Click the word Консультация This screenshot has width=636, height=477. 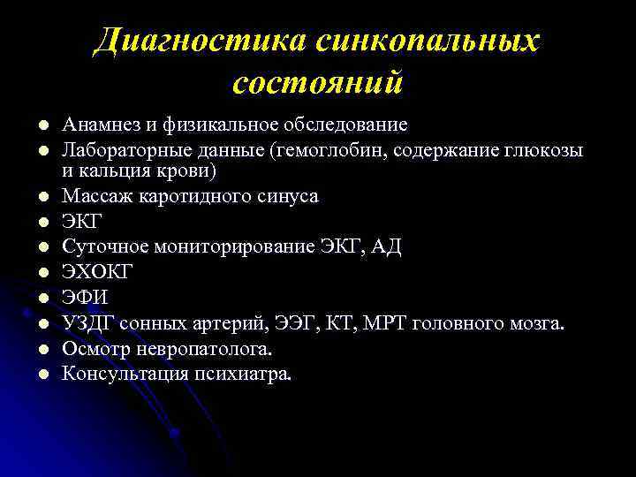tap(121, 374)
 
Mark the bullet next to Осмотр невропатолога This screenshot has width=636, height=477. tap(42, 349)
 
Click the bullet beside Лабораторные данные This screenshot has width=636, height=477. tap(42, 151)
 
